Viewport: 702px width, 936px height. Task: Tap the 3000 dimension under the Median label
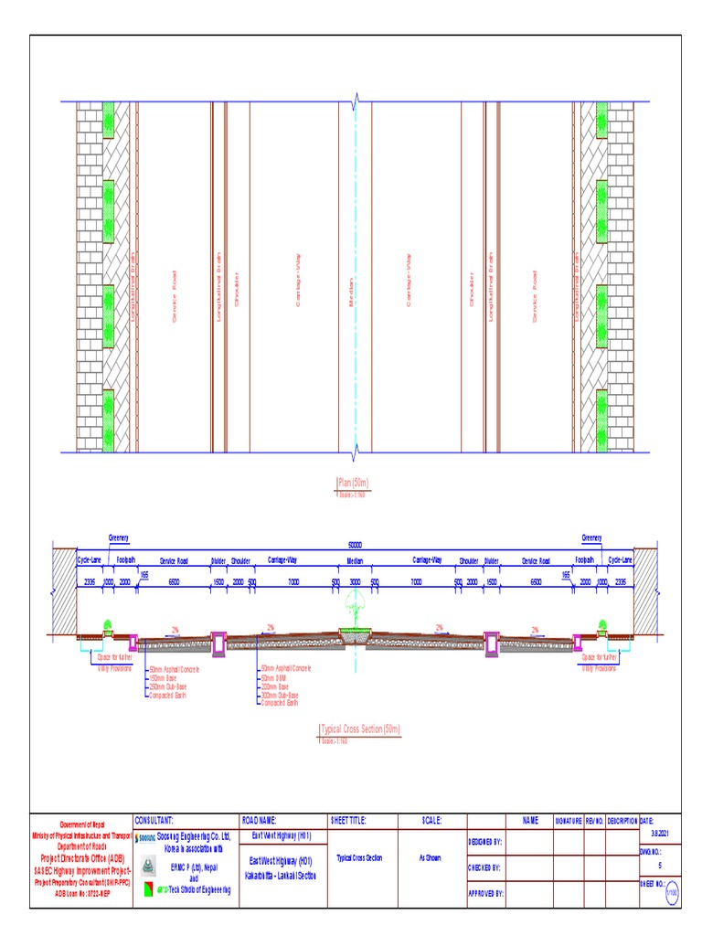(355, 581)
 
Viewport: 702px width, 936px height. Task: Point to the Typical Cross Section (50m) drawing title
(360, 729)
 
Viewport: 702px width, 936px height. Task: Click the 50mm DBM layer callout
(274, 677)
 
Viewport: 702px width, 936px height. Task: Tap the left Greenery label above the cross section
(119, 537)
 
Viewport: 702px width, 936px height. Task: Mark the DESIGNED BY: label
(485, 841)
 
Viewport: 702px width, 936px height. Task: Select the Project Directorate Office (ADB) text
(81, 858)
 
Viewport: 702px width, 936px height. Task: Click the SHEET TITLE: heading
(348, 821)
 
